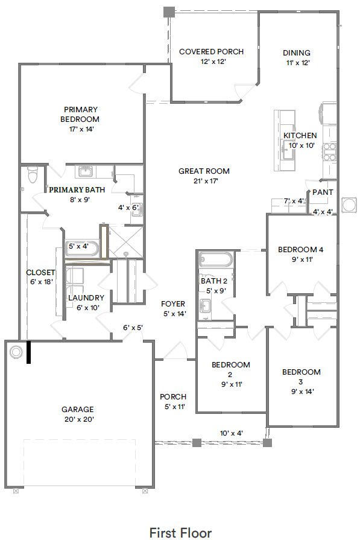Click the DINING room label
point(297,52)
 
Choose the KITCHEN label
point(300,136)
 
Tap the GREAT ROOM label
point(204,171)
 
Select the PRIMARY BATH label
point(77,190)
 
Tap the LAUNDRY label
point(86,298)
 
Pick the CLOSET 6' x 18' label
point(40,273)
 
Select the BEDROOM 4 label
point(301,250)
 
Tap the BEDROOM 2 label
point(231,369)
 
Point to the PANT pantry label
point(323,192)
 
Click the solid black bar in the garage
point(28,353)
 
